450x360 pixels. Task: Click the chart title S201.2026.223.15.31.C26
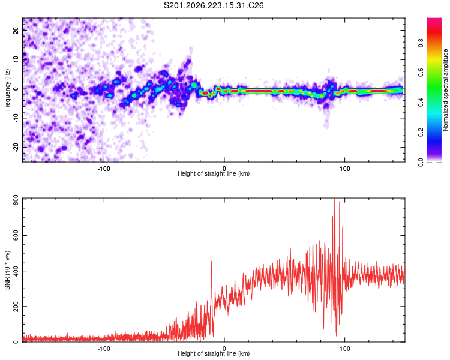click(x=214, y=5)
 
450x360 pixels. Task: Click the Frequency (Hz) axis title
click(x=7, y=90)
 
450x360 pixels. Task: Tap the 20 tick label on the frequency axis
click(x=16, y=30)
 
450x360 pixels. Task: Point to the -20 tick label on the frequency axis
click(x=16, y=147)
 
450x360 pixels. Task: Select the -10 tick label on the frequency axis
click(x=16, y=118)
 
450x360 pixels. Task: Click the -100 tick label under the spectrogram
click(x=104, y=169)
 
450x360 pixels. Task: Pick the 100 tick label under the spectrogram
click(x=344, y=169)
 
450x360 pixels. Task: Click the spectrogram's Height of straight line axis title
click(x=214, y=173)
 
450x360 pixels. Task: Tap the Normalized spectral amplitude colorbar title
click(x=445, y=90)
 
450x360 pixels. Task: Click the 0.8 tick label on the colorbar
click(x=421, y=43)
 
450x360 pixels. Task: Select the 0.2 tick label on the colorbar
click(x=421, y=133)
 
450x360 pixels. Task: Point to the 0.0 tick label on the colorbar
click(x=421, y=162)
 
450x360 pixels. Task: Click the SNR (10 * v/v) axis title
click(x=7, y=270)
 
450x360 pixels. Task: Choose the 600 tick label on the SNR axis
click(x=16, y=235)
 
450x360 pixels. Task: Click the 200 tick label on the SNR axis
click(x=16, y=307)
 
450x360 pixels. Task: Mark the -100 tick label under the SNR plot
click(x=104, y=349)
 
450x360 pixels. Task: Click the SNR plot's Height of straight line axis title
click(x=214, y=353)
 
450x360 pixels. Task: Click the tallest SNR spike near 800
click(x=334, y=200)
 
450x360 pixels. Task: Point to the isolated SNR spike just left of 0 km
click(x=212, y=262)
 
